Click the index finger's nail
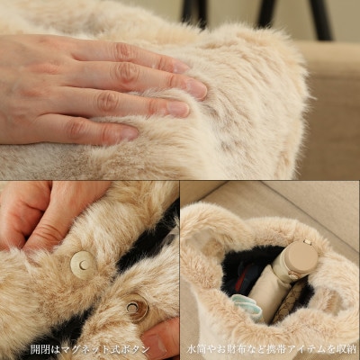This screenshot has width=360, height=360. (x=181, y=67)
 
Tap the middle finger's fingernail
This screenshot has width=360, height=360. (x=196, y=88)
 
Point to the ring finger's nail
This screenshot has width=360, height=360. (x=179, y=110)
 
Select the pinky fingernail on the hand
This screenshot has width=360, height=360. (x=130, y=134)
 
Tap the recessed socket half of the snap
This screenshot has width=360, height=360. (x=137, y=308)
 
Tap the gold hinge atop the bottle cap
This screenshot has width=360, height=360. (x=307, y=241)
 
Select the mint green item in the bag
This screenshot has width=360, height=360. (x=247, y=305)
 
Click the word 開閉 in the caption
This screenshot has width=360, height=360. (x=38, y=349)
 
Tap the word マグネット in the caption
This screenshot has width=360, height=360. (x=90, y=349)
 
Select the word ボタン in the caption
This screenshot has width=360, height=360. (x=138, y=349)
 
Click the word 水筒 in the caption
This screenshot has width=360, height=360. (x=195, y=349)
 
